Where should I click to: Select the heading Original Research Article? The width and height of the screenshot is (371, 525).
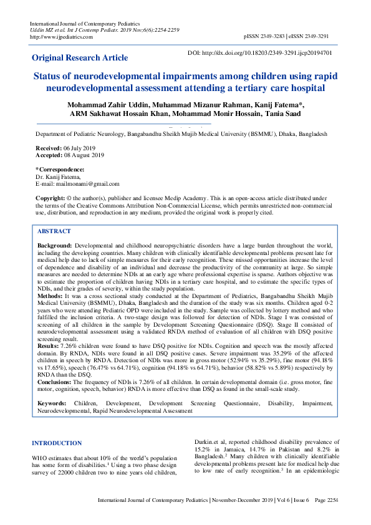[x=80, y=58]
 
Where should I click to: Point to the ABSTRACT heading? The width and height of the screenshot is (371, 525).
[x=54, y=231]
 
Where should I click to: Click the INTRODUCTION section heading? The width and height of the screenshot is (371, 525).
[x=56, y=443]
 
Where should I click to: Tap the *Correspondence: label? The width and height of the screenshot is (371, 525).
[x=60, y=169]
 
